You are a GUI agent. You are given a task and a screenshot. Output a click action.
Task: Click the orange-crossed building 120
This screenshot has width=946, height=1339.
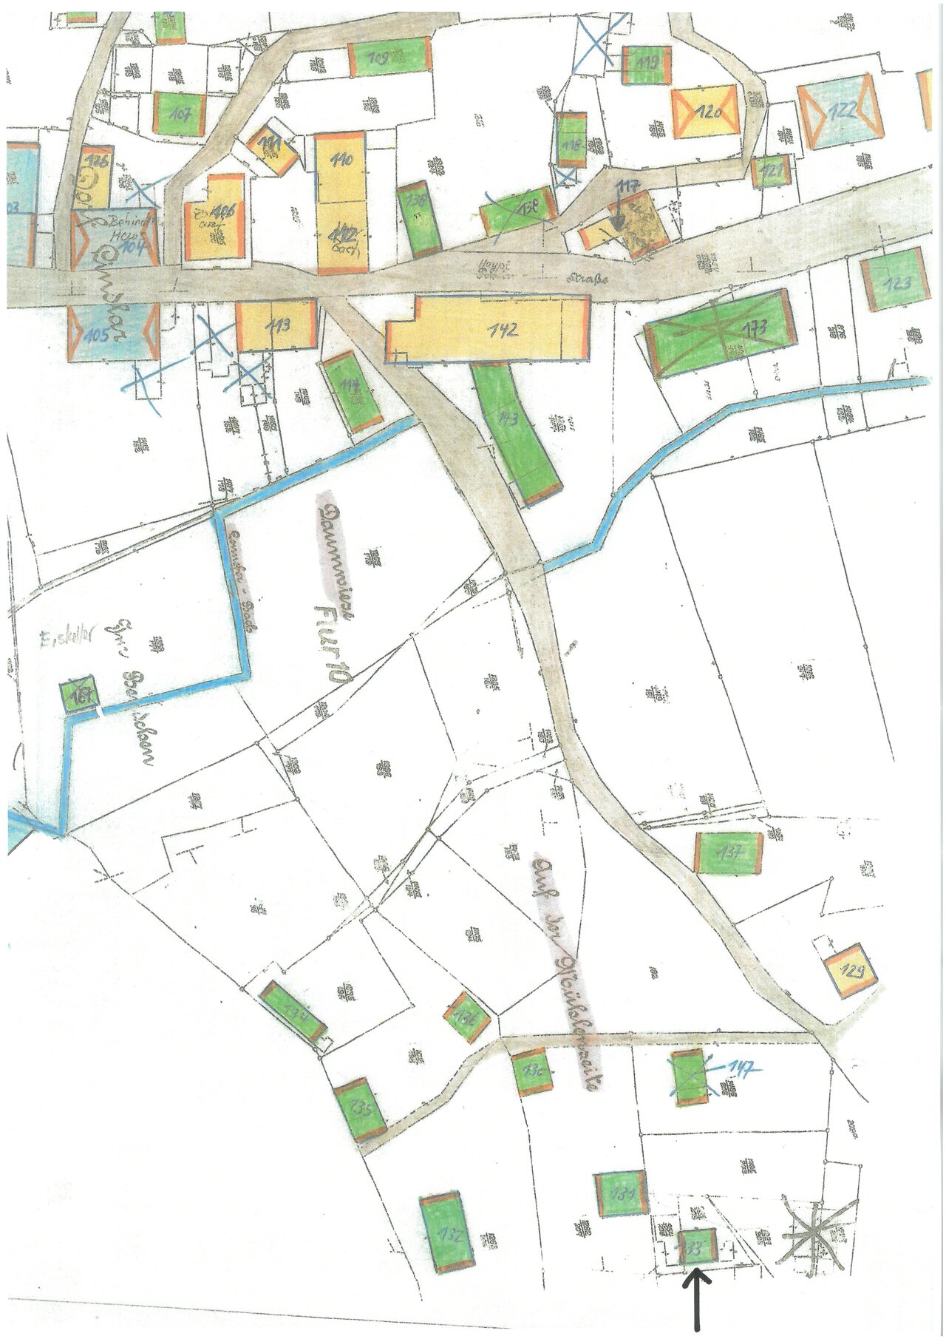click(x=707, y=112)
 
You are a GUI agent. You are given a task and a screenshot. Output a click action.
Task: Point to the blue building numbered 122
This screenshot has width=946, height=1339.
click(x=842, y=112)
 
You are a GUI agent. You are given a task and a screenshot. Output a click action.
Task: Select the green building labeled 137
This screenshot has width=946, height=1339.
click(x=729, y=852)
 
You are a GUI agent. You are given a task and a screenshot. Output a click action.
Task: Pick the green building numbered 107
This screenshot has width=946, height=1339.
click(x=180, y=113)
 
